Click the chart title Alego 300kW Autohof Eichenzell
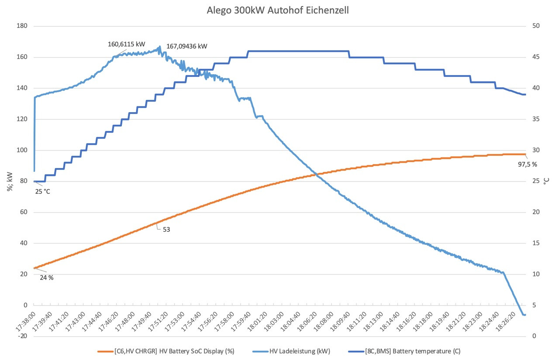(278, 10)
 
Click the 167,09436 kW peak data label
(184, 45)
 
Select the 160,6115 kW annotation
(126, 44)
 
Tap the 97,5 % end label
(527, 164)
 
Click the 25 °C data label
(42, 191)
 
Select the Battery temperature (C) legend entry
(412, 351)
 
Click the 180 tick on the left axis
(21, 26)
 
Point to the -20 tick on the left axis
(22, 336)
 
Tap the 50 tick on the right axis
(536, 26)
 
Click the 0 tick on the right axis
(534, 336)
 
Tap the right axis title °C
(548, 181)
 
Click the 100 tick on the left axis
(21, 150)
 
